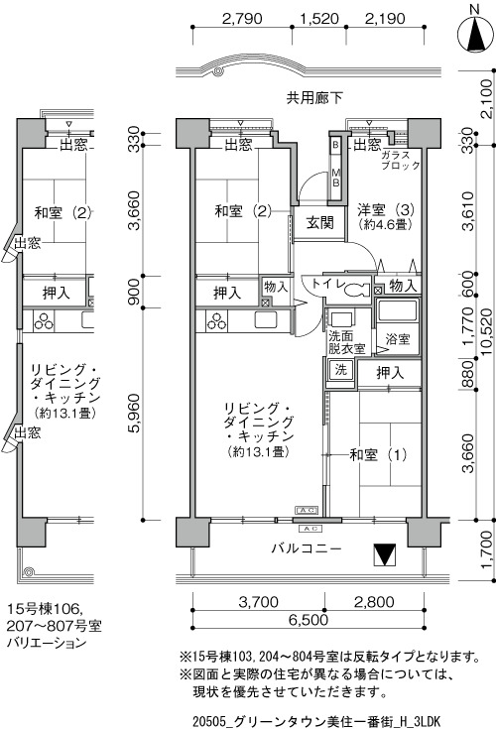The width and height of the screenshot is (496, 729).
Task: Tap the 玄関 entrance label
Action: (x=320, y=223)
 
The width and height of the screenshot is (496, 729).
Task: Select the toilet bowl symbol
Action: (x=357, y=291)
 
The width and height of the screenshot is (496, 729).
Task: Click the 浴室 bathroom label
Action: (x=398, y=339)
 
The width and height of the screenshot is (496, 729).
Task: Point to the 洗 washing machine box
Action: (x=341, y=370)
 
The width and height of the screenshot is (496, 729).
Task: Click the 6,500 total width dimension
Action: (x=308, y=620)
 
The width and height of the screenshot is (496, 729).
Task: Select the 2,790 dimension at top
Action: (x=242, y=19)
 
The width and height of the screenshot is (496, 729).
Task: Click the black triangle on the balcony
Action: (x=385, y=554)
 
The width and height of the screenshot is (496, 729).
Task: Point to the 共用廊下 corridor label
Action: (x=314, y=98)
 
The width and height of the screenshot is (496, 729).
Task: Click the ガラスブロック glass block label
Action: (x=400, y=160)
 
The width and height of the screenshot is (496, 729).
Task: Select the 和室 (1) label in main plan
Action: (x=378, y=454)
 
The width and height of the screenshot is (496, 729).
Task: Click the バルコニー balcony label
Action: (x=307, y=548)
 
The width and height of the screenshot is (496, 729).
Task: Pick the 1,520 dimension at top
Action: (x=319, y=19)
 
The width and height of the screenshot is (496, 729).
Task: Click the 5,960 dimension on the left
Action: (x=134, y=414)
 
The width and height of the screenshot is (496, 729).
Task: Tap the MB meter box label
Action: (x=335, y=178)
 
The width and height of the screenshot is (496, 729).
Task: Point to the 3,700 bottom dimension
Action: (x=259, y=602)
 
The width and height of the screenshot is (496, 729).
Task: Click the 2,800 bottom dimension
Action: (x=374, y=602)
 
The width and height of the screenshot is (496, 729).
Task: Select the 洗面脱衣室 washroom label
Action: (x=347, y=342)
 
